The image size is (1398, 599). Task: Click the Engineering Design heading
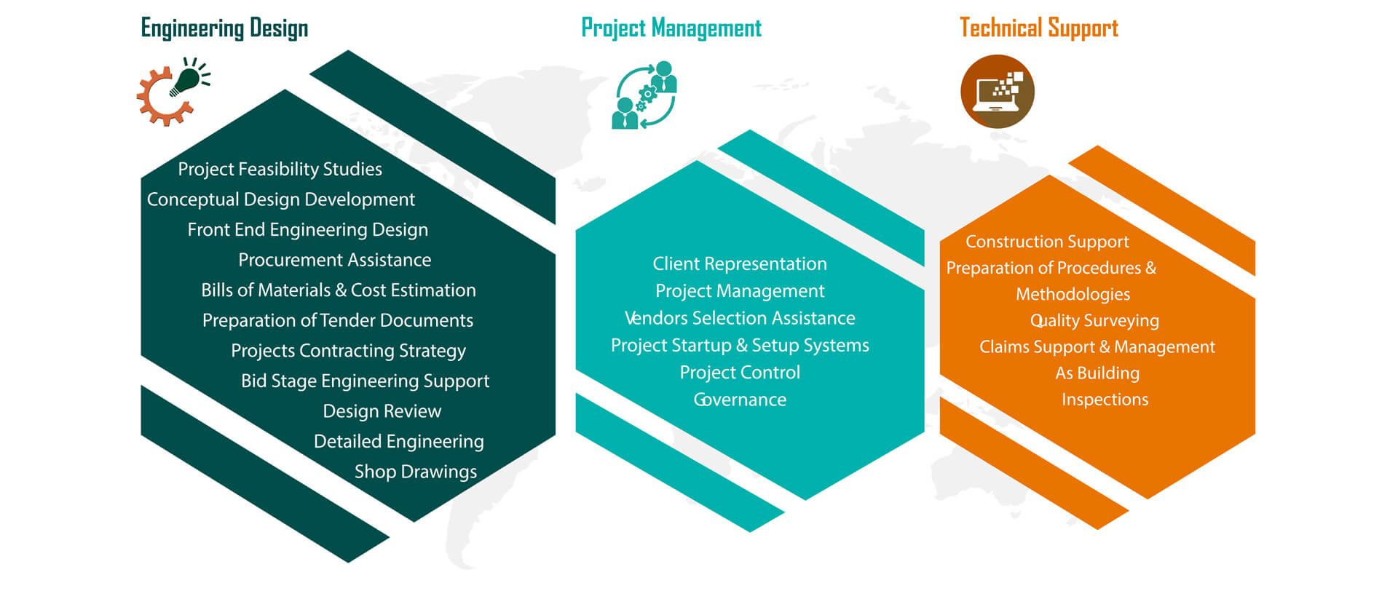coord(224,28)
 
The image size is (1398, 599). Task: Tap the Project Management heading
coord(671,28)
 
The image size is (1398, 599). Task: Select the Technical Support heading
coord(1039,28)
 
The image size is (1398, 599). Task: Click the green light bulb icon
coord(188,78)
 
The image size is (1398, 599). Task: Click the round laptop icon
coord(998,92)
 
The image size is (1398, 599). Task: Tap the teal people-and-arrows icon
coord(645,95)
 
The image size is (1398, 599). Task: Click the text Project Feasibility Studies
coord(280,170)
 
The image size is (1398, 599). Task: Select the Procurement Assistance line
coord(335,260)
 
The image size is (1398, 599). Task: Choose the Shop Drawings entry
coord(416,472)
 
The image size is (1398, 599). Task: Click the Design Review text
coord(382,411)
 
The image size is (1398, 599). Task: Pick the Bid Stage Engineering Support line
coord(366,381)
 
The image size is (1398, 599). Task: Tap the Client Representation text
coord(740,264)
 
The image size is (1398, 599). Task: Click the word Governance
coord(740,400)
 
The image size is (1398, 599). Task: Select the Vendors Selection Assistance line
coord(740,318)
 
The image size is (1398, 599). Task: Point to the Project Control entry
coord(740,373)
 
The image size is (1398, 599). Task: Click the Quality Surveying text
coord(1094,321)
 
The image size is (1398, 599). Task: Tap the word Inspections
coord(1105,400)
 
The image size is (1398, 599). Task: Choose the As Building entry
coord(1097,373)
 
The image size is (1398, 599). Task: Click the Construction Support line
coord(1047,242)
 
